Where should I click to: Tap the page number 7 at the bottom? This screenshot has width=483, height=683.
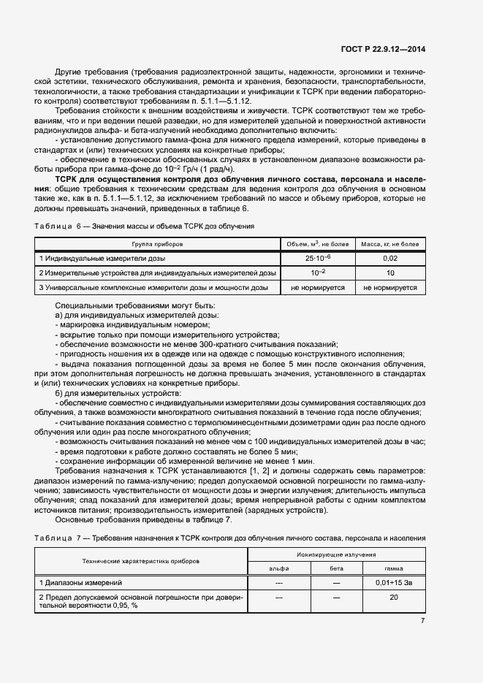pos(422,621)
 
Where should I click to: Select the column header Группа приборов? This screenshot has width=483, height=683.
pos(157,243)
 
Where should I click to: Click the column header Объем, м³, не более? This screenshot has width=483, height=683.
pos(317,243)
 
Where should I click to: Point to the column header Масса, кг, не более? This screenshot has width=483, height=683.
pos(390,243)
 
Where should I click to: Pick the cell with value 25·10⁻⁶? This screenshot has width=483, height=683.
pos(317,259)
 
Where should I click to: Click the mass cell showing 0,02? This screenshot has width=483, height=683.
pos(390,259)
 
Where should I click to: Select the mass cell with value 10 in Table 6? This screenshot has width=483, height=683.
pos(390,273)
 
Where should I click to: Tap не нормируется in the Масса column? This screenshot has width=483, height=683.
pos(390,288)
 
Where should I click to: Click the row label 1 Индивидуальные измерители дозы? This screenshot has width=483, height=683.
pos(102,259)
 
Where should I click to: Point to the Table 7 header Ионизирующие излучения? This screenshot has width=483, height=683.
pos(336,556)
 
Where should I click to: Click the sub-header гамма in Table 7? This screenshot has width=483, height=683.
pos(394,568)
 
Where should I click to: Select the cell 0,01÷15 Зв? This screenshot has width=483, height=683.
pos(394,583)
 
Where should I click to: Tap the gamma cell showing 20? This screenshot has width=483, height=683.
pos(394,598)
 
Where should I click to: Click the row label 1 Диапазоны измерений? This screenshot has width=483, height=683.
pos(80,583)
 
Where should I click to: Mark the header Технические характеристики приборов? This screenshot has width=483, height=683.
pos(140,562)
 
